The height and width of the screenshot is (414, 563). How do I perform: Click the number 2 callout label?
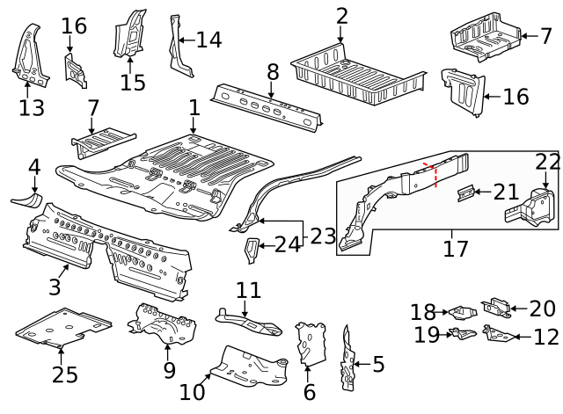point(342,15)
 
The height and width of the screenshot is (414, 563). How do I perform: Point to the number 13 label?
point(31,108)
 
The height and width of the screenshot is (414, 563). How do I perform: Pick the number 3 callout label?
point(55,287)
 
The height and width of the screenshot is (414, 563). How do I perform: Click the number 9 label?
point(170,371)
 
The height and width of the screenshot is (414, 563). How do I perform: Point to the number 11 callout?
point(249,289)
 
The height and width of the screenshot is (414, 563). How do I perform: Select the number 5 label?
point(378,364)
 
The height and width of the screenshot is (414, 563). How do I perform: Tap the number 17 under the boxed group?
point(455,249)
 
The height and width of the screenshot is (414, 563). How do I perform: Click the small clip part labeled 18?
point(459,311)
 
